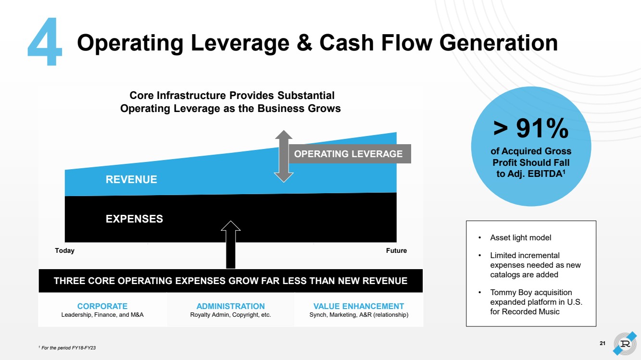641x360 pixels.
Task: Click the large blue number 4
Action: click(x=45, y=42)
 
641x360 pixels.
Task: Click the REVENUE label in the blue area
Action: click(x=131, y=180)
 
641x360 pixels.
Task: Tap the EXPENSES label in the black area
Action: click(x=134, y=219)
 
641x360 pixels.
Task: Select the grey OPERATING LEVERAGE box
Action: click(x=348, y=154)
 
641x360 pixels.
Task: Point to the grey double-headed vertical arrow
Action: click(x=284, y=156)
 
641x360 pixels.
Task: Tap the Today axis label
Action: click(x=65, y=251)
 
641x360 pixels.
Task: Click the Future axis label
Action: click(x=396, y=251)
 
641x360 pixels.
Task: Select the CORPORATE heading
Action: click(x=102, y=306)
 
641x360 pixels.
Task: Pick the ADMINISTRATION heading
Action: click(x=231, y=306)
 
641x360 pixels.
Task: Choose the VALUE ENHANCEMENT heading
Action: click(x=359, y=306)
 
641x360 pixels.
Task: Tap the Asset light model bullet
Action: click(x=520, y=238)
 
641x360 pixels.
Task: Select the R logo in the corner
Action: click(x=625, y=344)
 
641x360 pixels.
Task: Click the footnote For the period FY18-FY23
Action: click(x=68, y=348)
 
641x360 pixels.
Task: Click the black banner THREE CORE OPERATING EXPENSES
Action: click(x=230, y=281)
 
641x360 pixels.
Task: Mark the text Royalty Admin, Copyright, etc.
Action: click(x=231, y=315)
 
